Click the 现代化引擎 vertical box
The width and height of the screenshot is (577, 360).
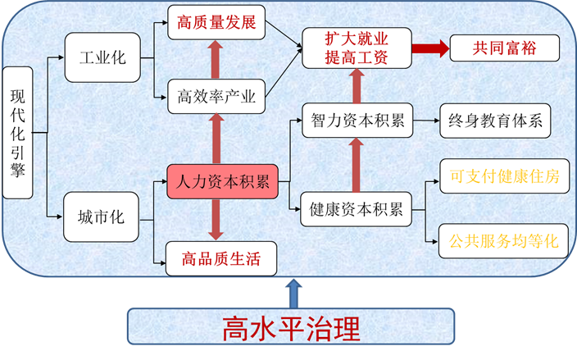[x=18, y=133]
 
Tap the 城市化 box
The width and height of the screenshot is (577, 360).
[x=102, y=216]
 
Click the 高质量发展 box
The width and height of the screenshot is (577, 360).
[x=216, y=22]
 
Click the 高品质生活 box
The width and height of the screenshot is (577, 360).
[x=221, y=259]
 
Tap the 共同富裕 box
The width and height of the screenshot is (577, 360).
[x=504, y=48]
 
